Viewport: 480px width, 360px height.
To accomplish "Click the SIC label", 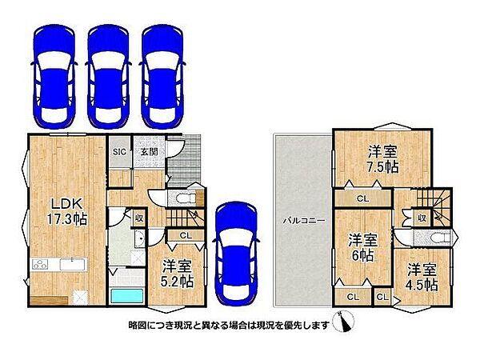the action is click(x=119, y=152).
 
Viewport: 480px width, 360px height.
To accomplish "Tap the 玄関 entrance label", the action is click(x=149, y=151).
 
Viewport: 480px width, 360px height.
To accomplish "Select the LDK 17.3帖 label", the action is click(x=66, y=211).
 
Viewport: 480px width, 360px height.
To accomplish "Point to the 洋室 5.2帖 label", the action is click(x=178, y=274).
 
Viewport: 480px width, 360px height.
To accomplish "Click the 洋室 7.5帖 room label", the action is click(x=382, y=159).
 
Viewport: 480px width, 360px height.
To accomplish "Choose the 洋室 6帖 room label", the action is click(x=363, y=247).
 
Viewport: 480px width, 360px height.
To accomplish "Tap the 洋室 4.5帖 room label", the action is click(x=422, y=277).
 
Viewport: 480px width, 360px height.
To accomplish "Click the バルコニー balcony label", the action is click(x=304, y=221).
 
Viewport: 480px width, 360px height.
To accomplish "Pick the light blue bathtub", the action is click(x=126, y=296).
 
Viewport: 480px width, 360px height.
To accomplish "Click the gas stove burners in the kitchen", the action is click(x=41, y=264).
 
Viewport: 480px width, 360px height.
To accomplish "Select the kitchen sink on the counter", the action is click(x=72, y=265).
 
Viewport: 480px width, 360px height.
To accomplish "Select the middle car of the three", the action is click(x=108, y=77).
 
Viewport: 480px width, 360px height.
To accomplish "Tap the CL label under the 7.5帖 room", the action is click(x=363, y=199).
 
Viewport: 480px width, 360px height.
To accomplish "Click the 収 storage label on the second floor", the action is click(x=422, y=218).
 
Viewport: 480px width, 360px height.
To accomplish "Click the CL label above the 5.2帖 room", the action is click(x=186, y=236).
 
